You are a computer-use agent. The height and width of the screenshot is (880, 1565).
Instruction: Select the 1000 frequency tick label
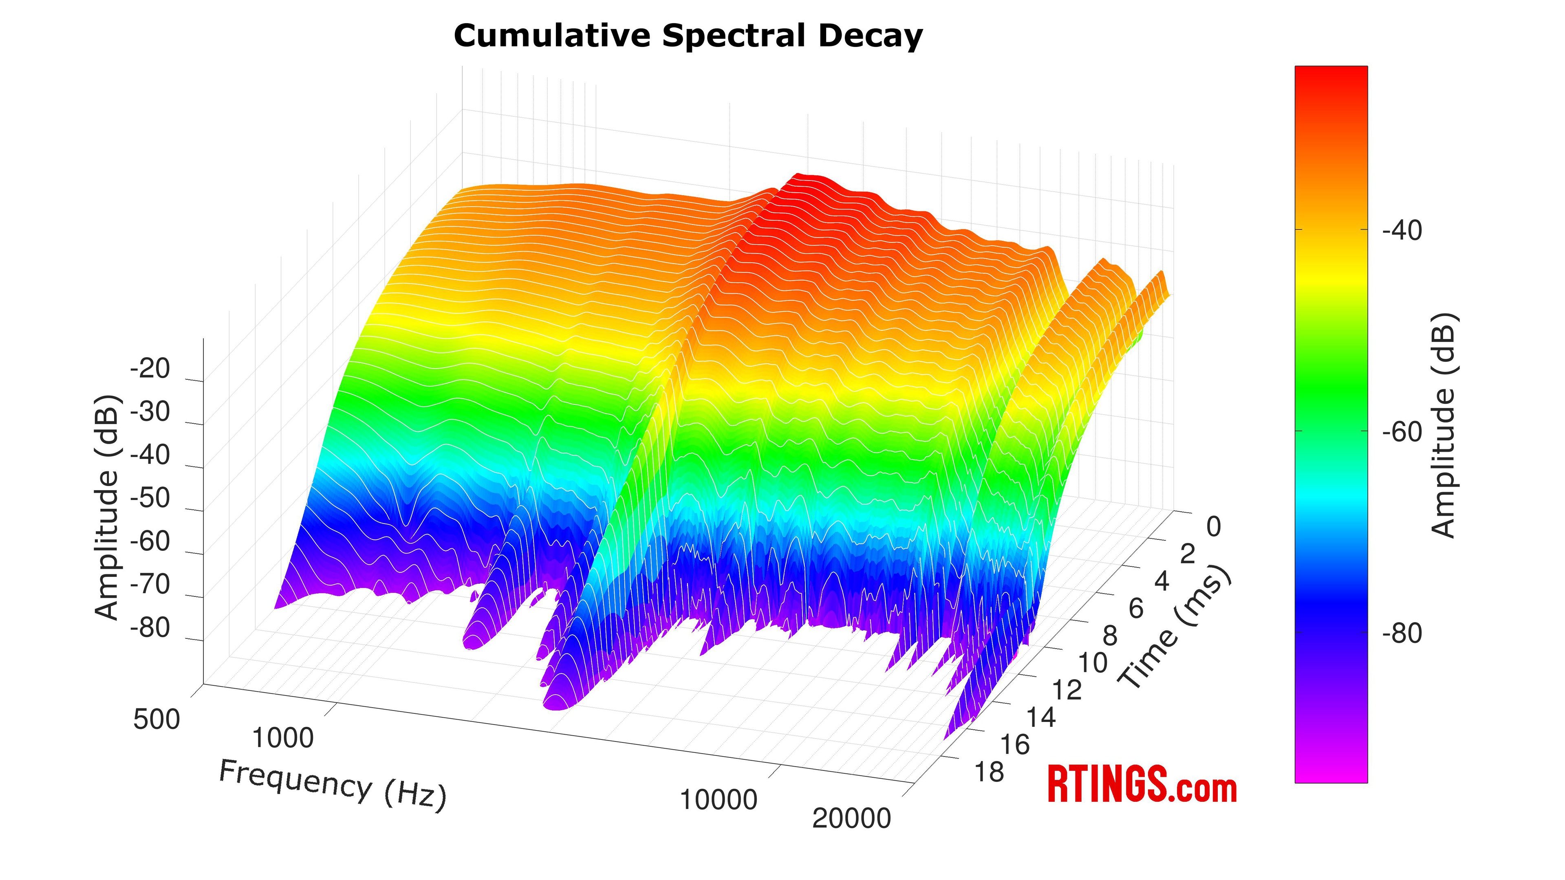(x=282, y=739)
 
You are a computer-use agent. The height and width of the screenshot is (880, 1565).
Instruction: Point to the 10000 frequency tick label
(x=718, y=801)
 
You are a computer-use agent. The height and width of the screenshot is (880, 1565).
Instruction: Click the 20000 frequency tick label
(x=851, y=818)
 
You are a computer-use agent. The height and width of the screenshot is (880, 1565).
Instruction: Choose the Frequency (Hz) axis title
(x=332, y=785)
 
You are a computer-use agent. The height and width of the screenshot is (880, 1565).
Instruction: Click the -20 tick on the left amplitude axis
(x=150, y=369)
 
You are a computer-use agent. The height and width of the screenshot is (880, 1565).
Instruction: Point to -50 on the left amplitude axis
(x=150, y=498)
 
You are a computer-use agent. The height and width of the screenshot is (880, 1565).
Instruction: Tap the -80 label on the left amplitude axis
(x=150, y=627)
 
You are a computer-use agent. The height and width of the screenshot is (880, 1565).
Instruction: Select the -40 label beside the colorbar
(x=1402, y=231)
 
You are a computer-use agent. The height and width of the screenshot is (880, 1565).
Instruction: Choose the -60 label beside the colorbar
(x=1402, y=432)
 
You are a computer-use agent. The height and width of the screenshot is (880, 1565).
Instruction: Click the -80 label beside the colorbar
(x=1402, y=634)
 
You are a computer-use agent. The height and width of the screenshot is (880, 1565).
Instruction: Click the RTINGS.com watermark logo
(x=1142, y=785)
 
